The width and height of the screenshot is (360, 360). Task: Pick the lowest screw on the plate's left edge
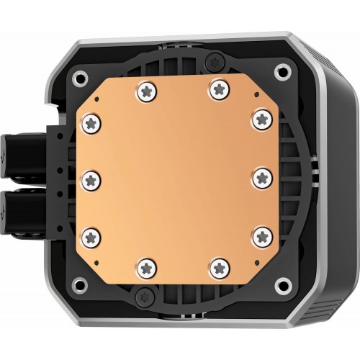click(x=91, y=234)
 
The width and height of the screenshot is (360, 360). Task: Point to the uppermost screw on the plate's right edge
click(x=260, y=117)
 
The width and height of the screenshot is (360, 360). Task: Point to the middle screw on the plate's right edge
click(x=260, y=176)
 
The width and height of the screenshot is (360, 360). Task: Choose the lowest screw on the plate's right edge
click(x=261, y=233)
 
